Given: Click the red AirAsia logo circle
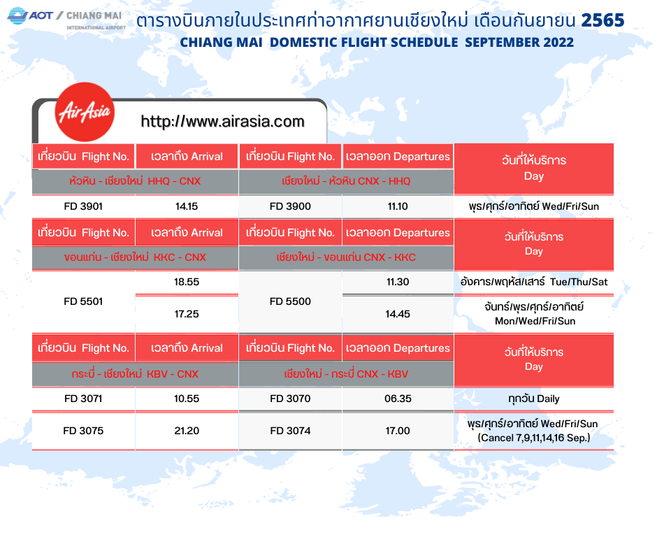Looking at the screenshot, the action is coord(85,112).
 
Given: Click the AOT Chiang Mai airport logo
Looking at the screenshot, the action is coord(66,18).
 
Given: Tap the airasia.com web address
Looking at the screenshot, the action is coord(222,122).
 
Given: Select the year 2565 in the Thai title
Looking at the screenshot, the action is coord(603,20).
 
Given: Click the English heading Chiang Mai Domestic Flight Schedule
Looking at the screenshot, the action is coord(377,43).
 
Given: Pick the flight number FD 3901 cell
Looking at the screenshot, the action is coord(83,206).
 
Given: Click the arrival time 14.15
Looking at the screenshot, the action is coord(187,206).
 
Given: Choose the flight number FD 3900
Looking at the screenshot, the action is coord(290,206).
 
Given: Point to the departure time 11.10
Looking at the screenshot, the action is coord(398,206).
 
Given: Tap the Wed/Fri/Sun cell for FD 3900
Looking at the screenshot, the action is coord(534,206).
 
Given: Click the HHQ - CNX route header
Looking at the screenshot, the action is coord(136,181).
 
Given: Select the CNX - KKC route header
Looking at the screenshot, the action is coord(346,257).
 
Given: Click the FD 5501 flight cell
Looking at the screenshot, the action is coord(83,301).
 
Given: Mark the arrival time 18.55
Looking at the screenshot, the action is coord(187,282).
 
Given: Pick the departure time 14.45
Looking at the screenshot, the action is coord(398,314).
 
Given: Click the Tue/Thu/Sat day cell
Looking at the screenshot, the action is coord(534,282).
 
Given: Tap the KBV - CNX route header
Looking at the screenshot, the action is coord(135,373).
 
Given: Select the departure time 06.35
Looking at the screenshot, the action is coord(398,399).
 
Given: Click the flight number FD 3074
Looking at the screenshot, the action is coord(290,431).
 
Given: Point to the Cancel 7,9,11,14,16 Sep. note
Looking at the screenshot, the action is coord(534,438).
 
